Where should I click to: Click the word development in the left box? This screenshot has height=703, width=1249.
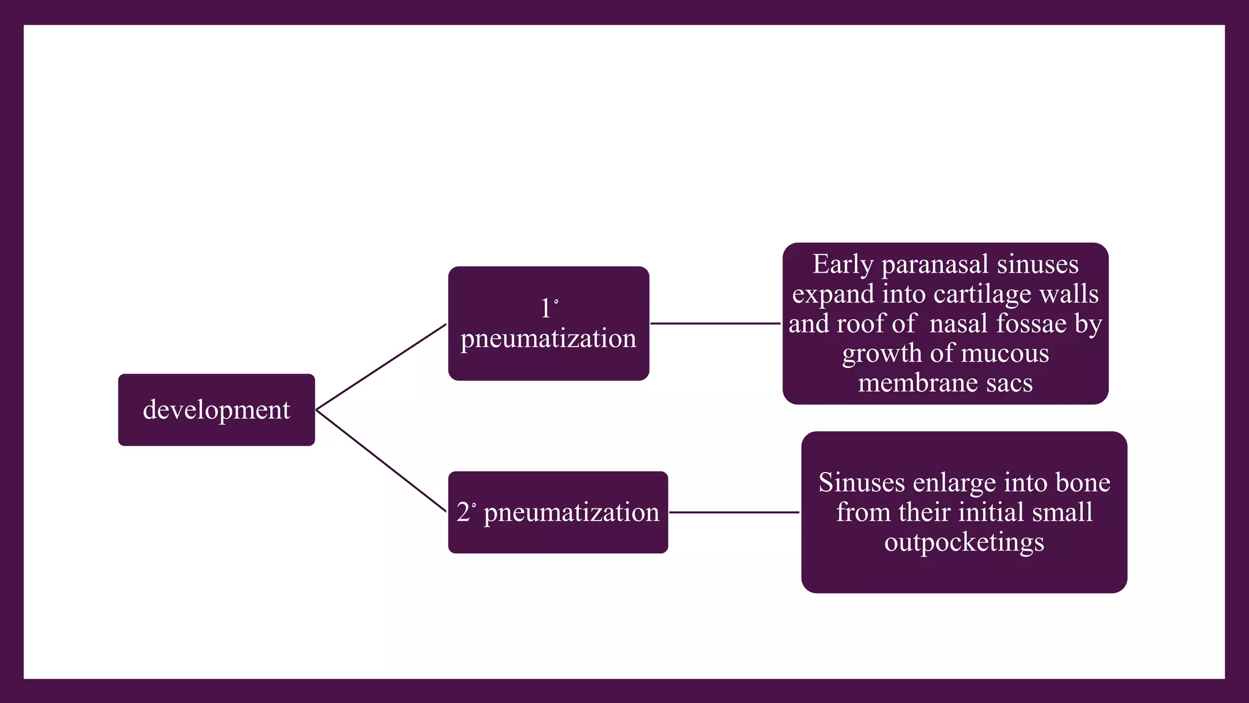pos(217,410)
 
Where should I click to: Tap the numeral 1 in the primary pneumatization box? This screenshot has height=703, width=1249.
pos(545,309)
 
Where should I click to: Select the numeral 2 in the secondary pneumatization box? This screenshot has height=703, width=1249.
pos(463,513)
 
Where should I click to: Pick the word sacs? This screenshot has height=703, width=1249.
pos(1012,383)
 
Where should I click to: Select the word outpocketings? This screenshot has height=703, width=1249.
pos(964,543)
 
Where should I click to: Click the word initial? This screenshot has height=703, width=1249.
pos(988,513)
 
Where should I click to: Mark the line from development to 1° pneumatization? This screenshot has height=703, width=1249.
pos(381,367)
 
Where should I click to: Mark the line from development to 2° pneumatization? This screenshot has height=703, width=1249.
pos(381,461)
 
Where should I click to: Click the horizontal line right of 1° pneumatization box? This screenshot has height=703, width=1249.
pos(715,323)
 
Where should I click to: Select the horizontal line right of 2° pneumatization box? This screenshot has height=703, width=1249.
pos(734,513)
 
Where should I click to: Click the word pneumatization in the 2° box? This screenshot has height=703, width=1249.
pos(571,513)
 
